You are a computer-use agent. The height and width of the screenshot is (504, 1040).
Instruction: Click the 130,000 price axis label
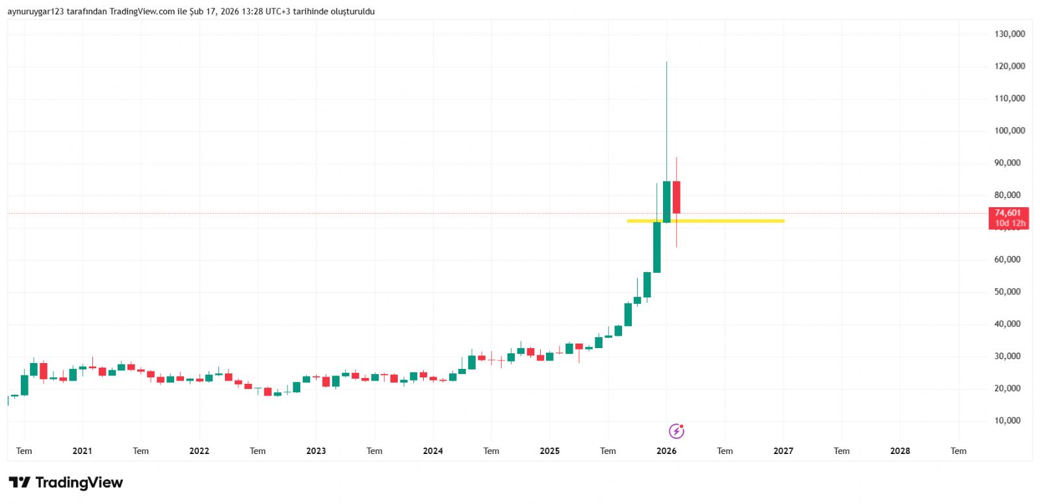(x=1009, y=34)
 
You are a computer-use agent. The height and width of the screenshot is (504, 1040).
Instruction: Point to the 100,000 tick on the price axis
(x=1009, y=131)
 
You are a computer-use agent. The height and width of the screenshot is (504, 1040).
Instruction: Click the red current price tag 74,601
(x=1007, y=213)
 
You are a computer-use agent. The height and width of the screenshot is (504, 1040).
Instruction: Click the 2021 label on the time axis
(x=82, y=451)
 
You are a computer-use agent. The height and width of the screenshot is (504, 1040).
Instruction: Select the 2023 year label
(x=316, y=451)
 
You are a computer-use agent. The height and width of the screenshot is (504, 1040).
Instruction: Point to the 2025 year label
(x=549, y=451)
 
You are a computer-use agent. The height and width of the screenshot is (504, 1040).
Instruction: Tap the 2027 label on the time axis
(x=783, y=451)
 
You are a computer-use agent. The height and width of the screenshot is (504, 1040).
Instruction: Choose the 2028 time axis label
(x=900, y=451)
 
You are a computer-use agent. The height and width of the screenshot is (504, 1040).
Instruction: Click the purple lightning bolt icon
(x=676, y=431)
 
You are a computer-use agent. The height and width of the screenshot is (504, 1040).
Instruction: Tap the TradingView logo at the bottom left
(x=66, y=483)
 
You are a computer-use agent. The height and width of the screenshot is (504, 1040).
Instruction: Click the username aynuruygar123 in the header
(x=36, y=12)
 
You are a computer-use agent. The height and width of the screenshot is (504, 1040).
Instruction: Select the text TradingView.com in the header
(x=142, y=12)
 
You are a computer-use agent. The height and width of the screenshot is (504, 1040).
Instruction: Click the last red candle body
(x=676, y=197)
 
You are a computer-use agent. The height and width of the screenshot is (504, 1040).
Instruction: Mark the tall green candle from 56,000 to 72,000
(x=657, y=247)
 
